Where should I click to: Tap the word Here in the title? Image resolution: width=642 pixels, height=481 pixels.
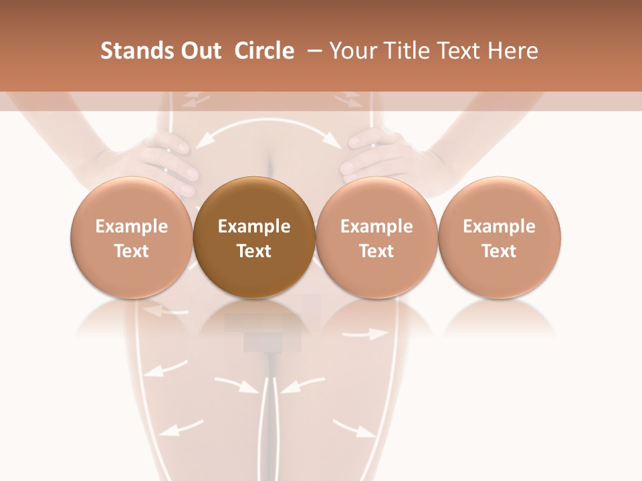coord(513,51)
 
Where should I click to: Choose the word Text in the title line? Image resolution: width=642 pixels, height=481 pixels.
coord(461,51)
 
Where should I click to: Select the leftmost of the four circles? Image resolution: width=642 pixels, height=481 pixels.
coord(132,238)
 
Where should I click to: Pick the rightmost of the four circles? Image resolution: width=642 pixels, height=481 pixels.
coord(499,238)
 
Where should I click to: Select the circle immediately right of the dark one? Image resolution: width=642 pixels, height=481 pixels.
coord(377,238)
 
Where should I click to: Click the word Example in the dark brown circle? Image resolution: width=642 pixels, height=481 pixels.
coord(254,226)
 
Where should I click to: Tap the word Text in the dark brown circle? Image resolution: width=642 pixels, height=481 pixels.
coord(254,251)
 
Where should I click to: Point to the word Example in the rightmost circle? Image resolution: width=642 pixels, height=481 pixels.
coord(499,226)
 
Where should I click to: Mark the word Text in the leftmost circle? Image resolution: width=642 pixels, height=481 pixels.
coord(132,251)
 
